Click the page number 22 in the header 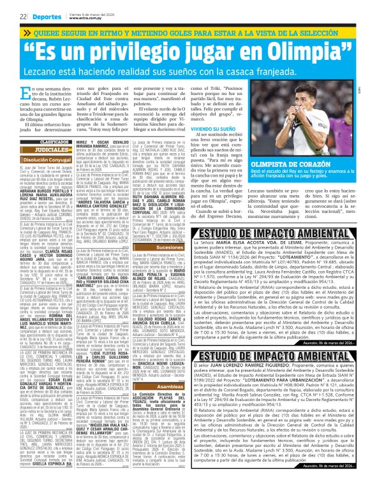[x=22, y=16]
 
